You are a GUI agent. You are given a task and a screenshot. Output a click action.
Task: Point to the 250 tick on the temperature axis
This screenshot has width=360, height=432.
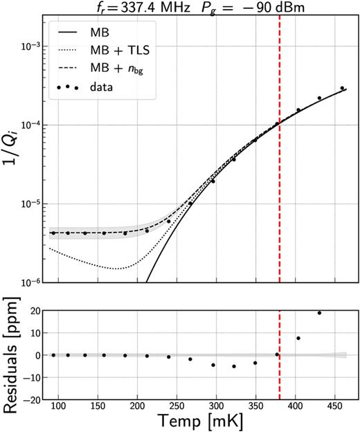(x=177, y=404)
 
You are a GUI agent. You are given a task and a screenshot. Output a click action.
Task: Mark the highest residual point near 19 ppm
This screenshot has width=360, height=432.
(x=319, y=313)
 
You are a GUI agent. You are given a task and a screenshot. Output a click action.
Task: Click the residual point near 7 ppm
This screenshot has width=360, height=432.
(x=298, y=338)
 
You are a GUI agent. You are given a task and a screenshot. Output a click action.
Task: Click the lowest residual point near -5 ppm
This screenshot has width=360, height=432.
(x=234, y=366)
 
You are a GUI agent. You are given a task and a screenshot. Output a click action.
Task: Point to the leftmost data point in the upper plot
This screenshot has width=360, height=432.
(x=53, y=233)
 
